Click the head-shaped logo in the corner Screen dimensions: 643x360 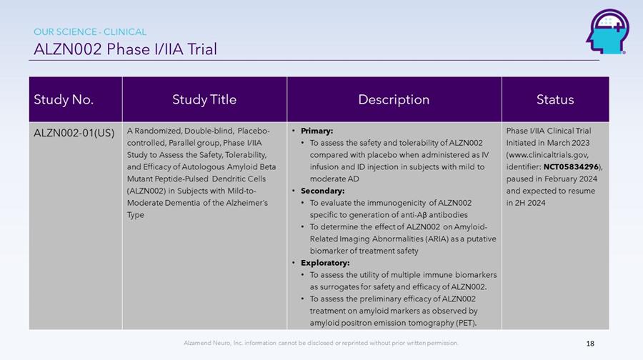(x=607, y=31)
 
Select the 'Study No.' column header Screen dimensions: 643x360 (x=64, y=99)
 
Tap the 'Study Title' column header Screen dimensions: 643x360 (x=204, y=99)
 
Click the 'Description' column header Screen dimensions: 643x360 (x=394, y=99)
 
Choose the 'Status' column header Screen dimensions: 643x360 (x=555, y=99)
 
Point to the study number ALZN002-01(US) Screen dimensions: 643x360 (x=74, y=133)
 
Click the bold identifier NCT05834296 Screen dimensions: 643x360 (x=571, y=167)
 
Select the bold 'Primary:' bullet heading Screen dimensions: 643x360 (x=316, y=131)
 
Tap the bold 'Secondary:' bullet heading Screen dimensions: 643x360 (x=322, y=191)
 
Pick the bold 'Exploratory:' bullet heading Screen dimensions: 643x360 (x=325, y=263)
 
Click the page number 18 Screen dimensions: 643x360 (x=590, y=344)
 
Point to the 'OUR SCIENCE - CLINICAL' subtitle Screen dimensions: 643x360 (x=90, y=31)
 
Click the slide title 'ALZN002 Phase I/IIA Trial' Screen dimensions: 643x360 (x=126, y=49)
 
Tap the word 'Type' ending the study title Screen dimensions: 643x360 (x=135, y=215)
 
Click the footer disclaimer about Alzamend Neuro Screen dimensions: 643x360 (x=321, y=343)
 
